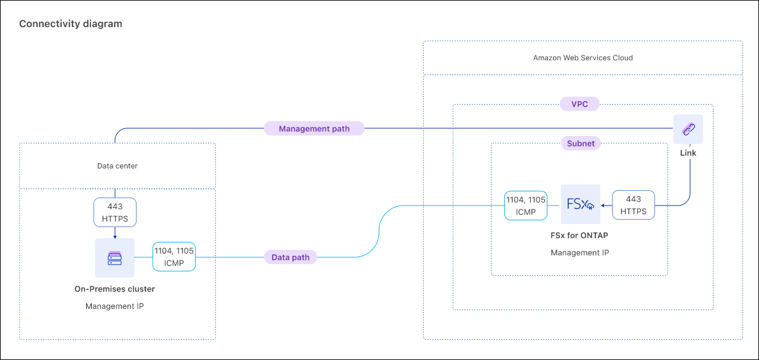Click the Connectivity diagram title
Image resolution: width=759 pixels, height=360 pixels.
pos(71,24)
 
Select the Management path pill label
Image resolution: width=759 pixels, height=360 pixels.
pos(314,129)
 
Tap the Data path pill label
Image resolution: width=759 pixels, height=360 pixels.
pos(291,257)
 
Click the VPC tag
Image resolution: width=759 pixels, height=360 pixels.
pos(580,104)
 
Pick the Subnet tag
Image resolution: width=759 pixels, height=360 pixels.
pos(581,143)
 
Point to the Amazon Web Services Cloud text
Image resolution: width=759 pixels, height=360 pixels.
pos(582,58)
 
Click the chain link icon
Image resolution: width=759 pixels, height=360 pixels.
pos(688,129)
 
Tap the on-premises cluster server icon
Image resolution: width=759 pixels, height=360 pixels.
pos(114,258)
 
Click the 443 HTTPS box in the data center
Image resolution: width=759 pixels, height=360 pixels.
pos(115,212)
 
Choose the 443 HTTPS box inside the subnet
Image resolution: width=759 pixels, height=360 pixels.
pos(634,205)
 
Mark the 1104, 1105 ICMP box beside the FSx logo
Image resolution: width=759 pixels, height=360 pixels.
pos(525,205)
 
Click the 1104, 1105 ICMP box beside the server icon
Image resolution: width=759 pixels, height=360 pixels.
pos(174,257)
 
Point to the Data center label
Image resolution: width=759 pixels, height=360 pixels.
pos(117,166)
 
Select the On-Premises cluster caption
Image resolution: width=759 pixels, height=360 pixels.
pos(114,289)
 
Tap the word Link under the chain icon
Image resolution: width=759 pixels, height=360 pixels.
pos(688,153)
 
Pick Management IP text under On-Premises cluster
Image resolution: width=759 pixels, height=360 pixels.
pos(114,306)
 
